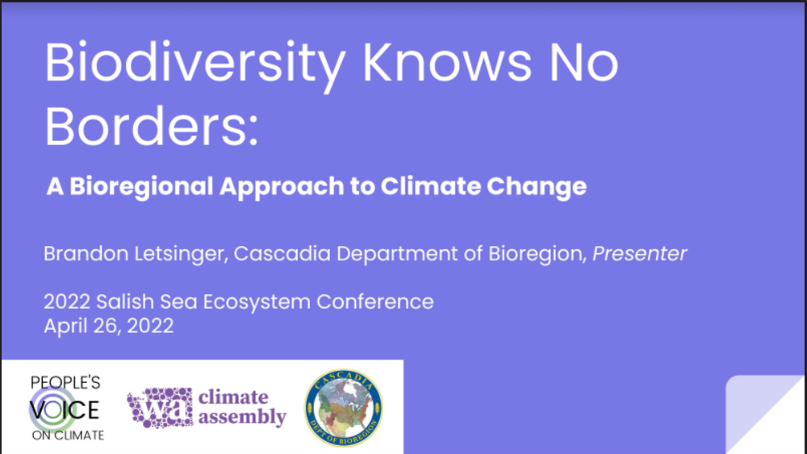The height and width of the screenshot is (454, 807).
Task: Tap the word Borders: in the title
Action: pyautogui.click(x=152, y=127)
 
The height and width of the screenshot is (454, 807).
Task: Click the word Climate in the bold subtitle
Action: pyautogui.click(x=425, y=186)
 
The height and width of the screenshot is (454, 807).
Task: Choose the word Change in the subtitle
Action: pyautogui.click(x=536, y=186)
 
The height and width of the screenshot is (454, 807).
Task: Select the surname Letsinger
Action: pyautogui.click(x=178, y=254)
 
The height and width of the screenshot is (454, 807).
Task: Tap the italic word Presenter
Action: pyautogui.click(x=639, y=253)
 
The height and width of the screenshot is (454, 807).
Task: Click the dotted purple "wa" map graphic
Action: pyautogui.click(x=159, y=406)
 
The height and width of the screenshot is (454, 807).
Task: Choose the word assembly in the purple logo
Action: pyautogui.click(x=242, y=418)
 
